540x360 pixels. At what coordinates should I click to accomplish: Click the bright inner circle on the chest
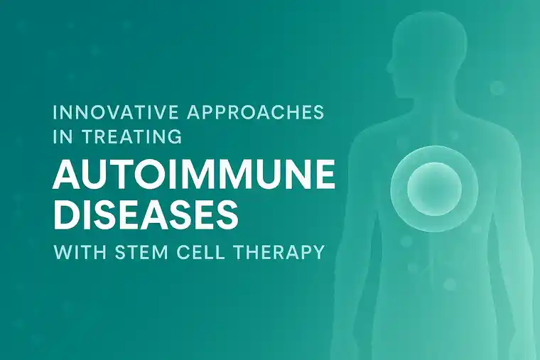[435, 188]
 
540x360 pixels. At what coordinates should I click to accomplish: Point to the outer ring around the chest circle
[399, 188]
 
